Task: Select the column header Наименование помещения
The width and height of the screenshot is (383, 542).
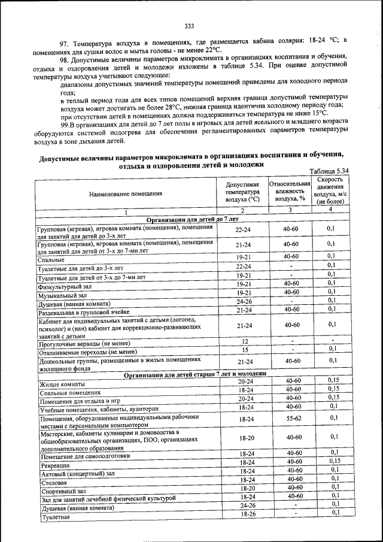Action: (126, 193)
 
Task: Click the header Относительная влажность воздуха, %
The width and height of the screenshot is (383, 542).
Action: (290, 190)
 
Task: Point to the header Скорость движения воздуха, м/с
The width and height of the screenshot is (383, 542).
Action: (330, 191)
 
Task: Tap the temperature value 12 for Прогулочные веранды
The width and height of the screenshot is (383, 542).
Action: (244, 341)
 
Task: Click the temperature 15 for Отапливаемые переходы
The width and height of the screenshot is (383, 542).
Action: (244, 349)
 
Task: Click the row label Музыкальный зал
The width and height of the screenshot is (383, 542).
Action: (62, 296)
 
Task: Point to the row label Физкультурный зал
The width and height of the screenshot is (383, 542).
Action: (65, 287)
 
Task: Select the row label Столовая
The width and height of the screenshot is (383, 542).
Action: (54, 482)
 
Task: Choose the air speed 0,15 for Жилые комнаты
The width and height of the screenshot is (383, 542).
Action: (333, 380)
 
